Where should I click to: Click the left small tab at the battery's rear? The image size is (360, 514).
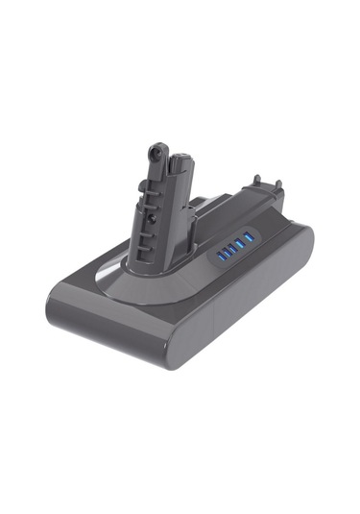(x=256, y=180)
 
